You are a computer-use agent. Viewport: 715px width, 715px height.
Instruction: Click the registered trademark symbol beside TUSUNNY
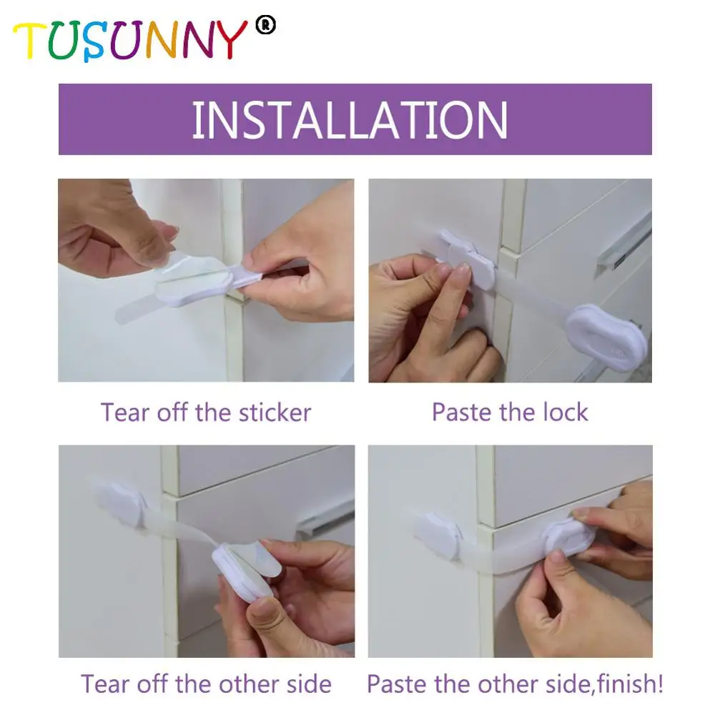coord(268,26)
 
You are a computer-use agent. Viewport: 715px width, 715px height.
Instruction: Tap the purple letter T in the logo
coord(31,41)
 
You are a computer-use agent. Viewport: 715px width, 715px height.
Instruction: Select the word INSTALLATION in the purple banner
coord(350,120)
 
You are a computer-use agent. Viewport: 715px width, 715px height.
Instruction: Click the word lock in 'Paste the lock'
coord(564,413)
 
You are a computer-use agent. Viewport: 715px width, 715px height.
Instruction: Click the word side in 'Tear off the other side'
coord(307,684)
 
